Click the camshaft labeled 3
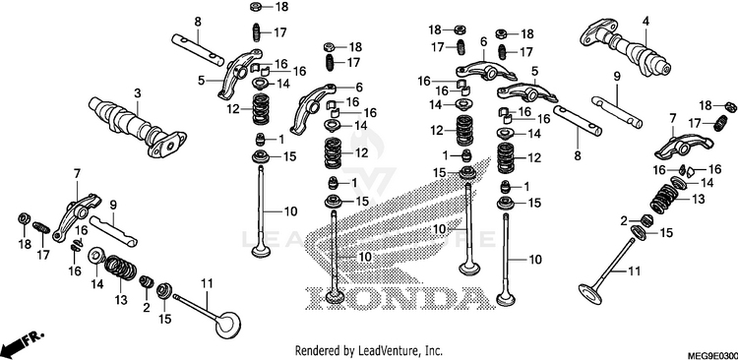click(138, 126)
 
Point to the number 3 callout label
click(137, 93)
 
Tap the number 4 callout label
click(646, 21)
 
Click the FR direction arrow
click(24, 342)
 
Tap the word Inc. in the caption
click(433, 350)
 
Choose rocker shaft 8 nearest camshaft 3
click(198, 49)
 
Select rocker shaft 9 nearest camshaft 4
click(617, 111)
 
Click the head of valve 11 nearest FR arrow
click(229, 324)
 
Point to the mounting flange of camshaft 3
click(167, 144)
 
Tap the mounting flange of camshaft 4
click(594, 31)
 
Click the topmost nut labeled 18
click(257, 7)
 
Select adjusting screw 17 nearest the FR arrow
click(41, 229)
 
